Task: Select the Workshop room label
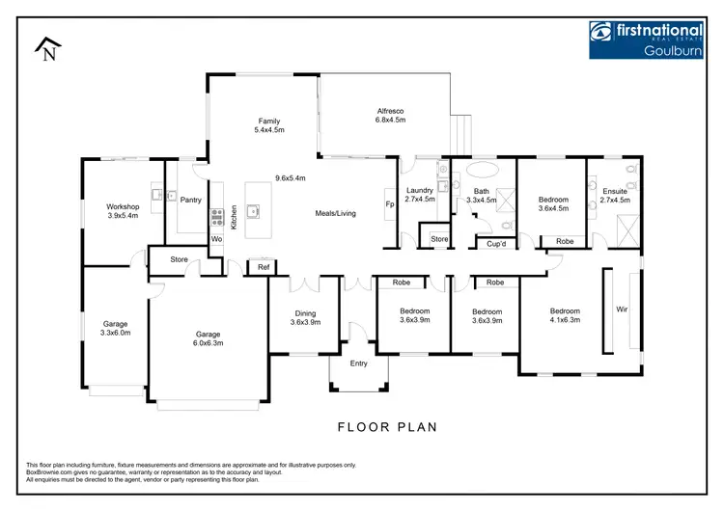pos(123,207)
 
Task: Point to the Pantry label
pos(190,199)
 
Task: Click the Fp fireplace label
pos(390,204)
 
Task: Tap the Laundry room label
pos(420,190)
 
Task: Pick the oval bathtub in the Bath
pos(481,174)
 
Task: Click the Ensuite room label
pos(614,191)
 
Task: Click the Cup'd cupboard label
pos(497,244)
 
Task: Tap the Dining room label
pos(306,313)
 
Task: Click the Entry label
pos(359,363)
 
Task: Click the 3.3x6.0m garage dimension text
pos(116,333)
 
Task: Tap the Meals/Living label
pos(336,213)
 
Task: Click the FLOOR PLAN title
pos(387,425)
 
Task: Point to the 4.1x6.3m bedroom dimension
pos(565,320)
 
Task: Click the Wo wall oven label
pos(216,237)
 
